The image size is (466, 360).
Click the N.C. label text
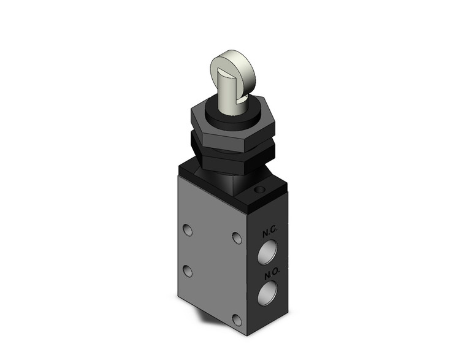[x=270, y=234]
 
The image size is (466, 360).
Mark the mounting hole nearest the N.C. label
[x=236, y=237]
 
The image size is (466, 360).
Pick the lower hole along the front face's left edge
[x=188, y=271]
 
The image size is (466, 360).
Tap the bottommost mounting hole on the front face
[x=236, y=318]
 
